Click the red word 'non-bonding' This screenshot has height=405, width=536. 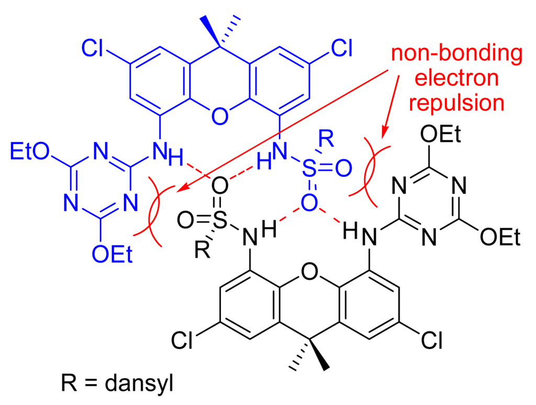456,54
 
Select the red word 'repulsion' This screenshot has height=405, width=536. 456,103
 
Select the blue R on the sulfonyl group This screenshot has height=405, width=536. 326,140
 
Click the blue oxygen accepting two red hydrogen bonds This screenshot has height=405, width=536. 309,201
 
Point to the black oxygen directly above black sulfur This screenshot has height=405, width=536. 220,186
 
